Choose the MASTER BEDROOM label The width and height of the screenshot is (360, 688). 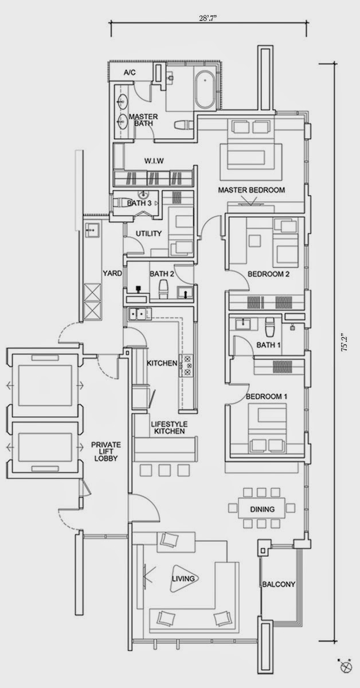(x=251, y=190)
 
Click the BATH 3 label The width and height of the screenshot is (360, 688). (x=139, y=203)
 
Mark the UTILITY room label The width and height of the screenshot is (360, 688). (x=148, y=233)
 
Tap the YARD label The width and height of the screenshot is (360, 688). (x=112, y=273)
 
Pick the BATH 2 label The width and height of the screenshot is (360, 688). (x=162, y=273)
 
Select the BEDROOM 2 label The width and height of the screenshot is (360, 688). (x=268, y=275)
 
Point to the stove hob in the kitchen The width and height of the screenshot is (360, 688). (x=187, y=365)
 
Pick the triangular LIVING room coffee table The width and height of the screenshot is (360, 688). (x=183, y=578)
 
